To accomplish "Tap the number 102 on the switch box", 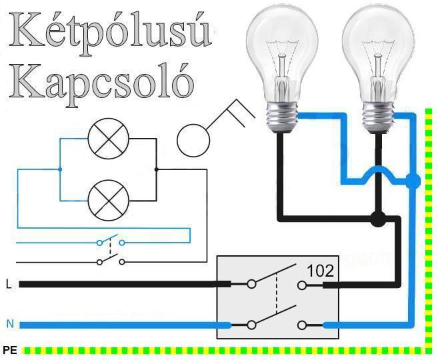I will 320,271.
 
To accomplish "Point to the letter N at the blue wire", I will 9,325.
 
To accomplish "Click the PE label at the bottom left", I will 9,349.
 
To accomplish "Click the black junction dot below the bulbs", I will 378,218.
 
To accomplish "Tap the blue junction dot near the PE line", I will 413,181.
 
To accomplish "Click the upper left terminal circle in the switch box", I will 251,285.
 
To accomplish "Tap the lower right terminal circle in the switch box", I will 303,325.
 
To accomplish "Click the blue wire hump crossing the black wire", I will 377,171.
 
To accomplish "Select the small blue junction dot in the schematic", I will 60,169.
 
